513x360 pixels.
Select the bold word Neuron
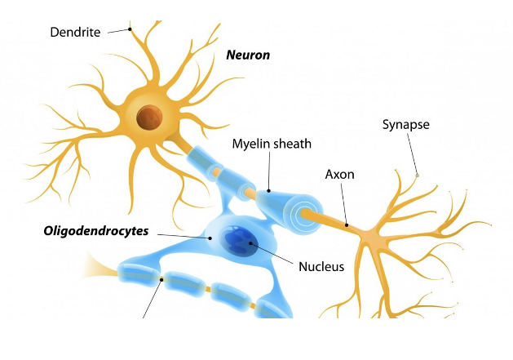pyautogui.click(x=248, y=56)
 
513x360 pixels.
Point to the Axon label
pyautogui.click(x=339, y=175)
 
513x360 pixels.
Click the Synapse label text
pyautogui.click(x=405, y=125)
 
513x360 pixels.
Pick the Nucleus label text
pyautogui.click(x=322, y=266)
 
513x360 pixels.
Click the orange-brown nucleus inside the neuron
pyautogui.click(x=148, y=117)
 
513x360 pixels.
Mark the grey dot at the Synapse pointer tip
pyautogui.click(x=417, y=175)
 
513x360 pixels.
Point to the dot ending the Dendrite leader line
pyautogui.click(x=130, y=29)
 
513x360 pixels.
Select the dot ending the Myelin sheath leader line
pyautogui.click(x=268, y=191)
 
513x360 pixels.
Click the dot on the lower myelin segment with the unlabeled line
pyautogui.click(x=162, y=279)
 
